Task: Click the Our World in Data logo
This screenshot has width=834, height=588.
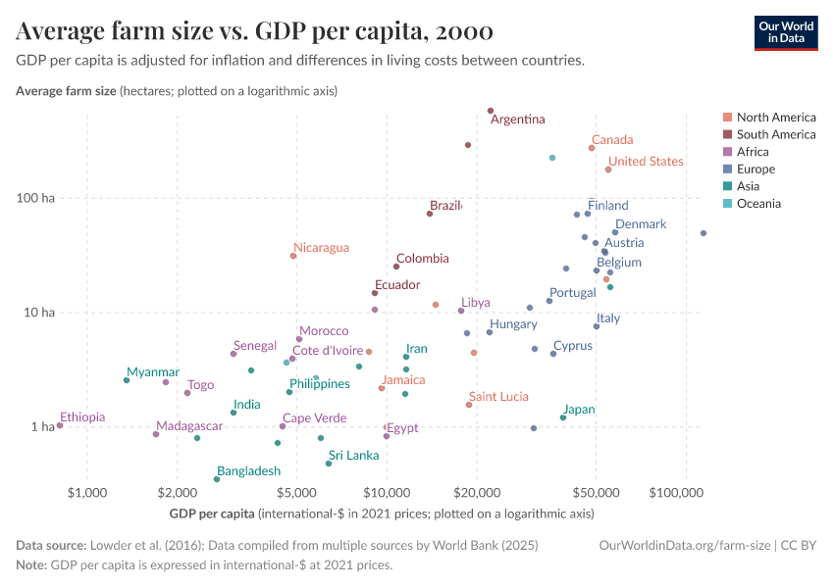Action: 785,31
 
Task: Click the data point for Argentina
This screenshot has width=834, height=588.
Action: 491,111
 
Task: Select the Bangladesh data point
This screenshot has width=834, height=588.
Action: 217,479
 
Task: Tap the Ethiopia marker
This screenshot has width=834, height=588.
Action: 60,425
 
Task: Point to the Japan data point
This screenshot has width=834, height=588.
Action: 563,417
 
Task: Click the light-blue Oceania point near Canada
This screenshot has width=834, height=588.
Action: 552,158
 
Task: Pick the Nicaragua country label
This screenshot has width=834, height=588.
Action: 321,248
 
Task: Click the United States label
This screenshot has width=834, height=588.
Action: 646,162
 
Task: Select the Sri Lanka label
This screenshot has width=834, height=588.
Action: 353,456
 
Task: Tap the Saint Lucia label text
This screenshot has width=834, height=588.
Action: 496,397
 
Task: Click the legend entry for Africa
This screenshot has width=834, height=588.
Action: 752,152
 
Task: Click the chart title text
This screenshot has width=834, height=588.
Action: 254,31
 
